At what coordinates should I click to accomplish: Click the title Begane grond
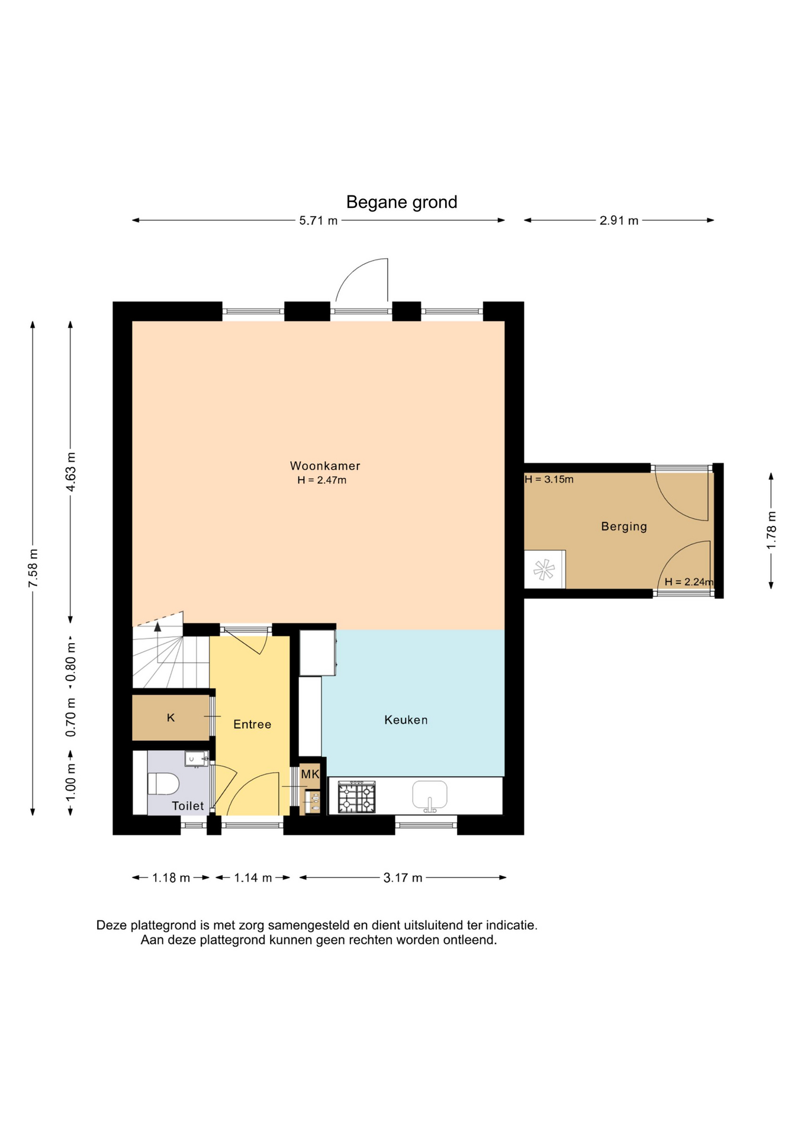point(401,203)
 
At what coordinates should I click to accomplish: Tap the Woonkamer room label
point(325,466)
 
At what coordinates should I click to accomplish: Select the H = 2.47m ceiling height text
point(321,480)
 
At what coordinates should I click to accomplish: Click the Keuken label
point(406,720)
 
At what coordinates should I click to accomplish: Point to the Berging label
point(624,526)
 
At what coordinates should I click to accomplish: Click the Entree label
point(252,724)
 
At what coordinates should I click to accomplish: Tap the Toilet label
point(188,806)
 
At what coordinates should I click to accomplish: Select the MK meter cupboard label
point(310,774)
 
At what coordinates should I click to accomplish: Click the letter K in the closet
point(171,718)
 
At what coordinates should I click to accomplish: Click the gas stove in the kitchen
point(356,797)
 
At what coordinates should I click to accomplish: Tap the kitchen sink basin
point(430,795)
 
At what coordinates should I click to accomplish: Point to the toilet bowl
point(163,783)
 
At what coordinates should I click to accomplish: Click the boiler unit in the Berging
point(545,570)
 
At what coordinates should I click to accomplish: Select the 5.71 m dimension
point(319,221)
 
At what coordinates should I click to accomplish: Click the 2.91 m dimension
point(619,221)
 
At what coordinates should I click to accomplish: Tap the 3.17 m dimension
point(403,878)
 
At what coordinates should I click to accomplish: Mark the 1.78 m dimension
point(771,530)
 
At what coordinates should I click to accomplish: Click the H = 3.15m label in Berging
point(549,480)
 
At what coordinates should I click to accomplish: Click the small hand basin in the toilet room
point(196,759)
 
